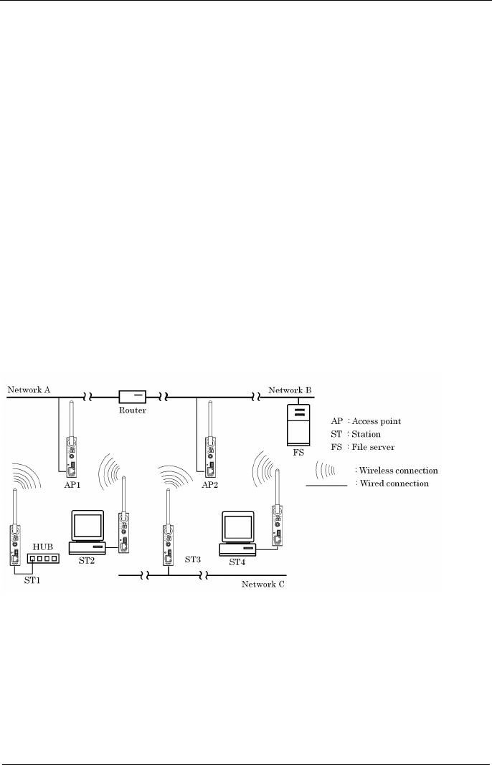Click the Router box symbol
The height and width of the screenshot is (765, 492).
pos(133,395)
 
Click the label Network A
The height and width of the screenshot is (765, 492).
pos(29,390)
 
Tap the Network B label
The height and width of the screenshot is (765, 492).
pos(290,390)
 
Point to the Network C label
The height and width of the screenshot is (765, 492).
pos(262,584)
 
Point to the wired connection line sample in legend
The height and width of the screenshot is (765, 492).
pos(326,486)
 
